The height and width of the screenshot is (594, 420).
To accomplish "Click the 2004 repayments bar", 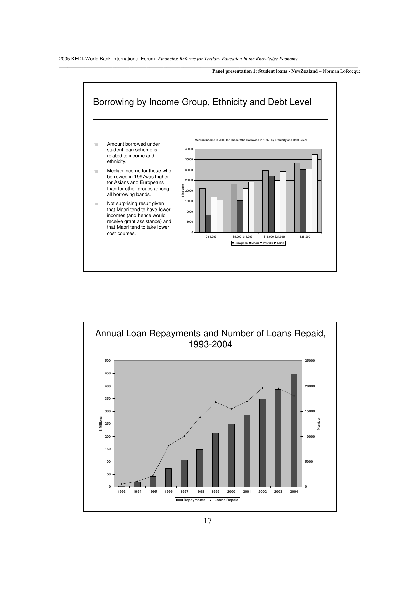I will pos(294,430).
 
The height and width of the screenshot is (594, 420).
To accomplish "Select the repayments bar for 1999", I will pos(215,460).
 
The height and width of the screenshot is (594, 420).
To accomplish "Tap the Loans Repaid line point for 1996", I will pos(169,446).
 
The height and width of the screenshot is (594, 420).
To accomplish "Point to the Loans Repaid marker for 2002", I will pos(262,388).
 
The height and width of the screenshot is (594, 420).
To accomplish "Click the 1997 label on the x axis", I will pos(184,492).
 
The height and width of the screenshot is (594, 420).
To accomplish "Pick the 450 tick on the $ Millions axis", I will pos(108,373).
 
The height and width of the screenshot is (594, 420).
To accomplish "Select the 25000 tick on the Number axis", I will pos(310,361).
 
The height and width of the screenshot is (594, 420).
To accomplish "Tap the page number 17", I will pos(208,521).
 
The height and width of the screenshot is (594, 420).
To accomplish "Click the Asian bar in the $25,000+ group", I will pos(315,193).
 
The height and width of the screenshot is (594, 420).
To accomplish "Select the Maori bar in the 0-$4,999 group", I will pos(208,223).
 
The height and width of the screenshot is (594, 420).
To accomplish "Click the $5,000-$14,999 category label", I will pos(243,237).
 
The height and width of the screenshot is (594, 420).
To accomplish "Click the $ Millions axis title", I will pos(101,424).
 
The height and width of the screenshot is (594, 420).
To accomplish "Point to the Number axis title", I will pos(319,424).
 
